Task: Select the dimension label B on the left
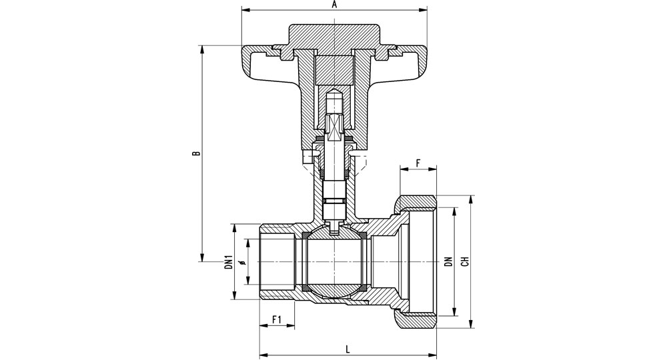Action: tap(195, 153)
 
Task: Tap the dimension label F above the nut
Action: tap(418, 163)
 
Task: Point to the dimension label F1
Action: tap(277, 319)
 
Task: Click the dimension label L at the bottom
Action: tap(348, 349)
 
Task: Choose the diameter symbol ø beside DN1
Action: tap(243, 262)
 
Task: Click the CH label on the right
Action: tap(466, 262)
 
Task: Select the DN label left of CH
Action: tap(448, 262)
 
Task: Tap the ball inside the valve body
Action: tap(334, 262)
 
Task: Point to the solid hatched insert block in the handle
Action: tap(334, 70)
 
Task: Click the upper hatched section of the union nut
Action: tap(415, 201)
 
